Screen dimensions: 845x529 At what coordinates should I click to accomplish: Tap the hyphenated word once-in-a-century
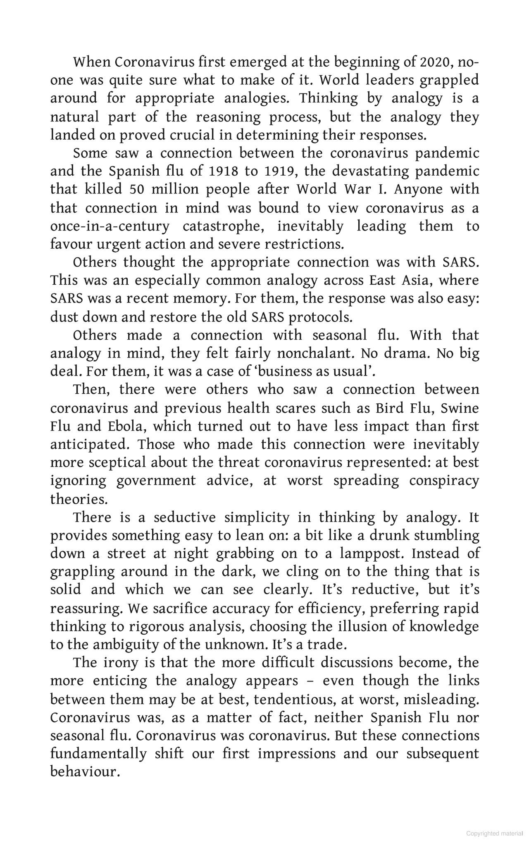click(110, 226)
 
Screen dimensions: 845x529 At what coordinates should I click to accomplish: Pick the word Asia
click(416, 280)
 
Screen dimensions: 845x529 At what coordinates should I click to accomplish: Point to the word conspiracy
click(444, 481)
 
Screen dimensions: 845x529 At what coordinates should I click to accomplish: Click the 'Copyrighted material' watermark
click(494, 833)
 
